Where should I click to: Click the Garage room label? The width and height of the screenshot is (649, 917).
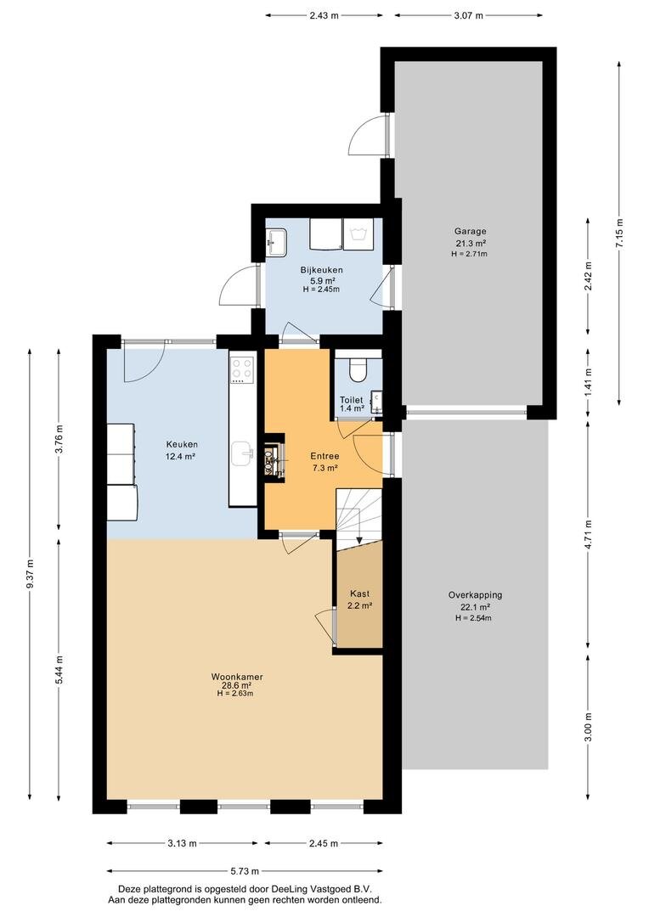pos(471,231)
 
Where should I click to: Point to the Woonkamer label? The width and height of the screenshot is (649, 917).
pos(237,677)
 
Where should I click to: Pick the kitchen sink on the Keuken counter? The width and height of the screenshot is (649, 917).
pos(242,453)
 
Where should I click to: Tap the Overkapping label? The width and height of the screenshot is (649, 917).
pos(475,594)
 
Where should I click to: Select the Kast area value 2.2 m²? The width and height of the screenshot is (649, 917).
pos(360,606)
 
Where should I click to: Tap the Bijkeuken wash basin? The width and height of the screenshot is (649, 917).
pos(275,241)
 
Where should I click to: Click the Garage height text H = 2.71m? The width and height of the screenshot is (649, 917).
pos(470,254)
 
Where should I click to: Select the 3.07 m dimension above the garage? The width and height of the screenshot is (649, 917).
pos(468,16)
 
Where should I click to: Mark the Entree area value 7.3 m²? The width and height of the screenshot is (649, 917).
pos(324,468)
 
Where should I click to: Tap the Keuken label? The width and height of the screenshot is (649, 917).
pos(182,444)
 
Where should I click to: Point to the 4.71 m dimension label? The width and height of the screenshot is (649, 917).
pos(588,535)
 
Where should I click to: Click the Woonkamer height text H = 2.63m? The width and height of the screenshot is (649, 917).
pos(234,694)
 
